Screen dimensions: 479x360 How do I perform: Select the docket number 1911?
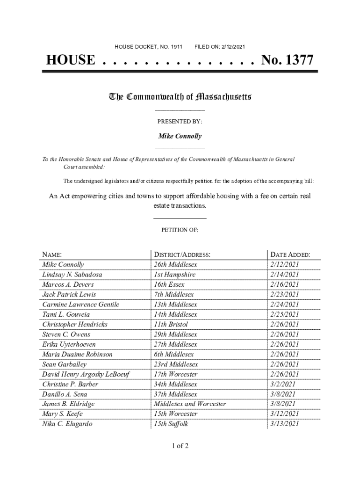[176, 47]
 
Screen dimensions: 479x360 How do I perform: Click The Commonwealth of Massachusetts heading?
[180, 97]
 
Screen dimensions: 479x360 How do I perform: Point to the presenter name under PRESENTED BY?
[180, 136]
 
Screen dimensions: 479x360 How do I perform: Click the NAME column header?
[52, 255]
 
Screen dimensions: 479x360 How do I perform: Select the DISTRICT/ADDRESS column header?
[182, 255]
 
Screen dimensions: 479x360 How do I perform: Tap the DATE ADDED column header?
[290, 255]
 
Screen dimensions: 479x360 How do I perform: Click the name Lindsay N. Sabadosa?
[72, 275]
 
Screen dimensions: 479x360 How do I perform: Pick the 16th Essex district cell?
[169, 284]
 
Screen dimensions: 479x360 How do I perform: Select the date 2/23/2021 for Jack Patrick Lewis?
[284, 294]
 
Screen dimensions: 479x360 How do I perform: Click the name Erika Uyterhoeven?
[69, 344]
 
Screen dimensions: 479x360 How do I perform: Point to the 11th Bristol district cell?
[171, 324]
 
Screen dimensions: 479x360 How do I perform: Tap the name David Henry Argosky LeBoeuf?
[86, 374]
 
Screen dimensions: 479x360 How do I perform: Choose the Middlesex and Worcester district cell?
[190, 404]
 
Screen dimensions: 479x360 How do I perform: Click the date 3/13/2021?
[284, 424]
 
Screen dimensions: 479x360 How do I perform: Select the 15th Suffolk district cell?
[171, 424]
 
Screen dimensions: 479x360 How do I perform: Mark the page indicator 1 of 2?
[180, 446]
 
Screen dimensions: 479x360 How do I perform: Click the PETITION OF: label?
[180, 230]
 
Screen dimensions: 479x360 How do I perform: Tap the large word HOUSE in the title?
[70, 60]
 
